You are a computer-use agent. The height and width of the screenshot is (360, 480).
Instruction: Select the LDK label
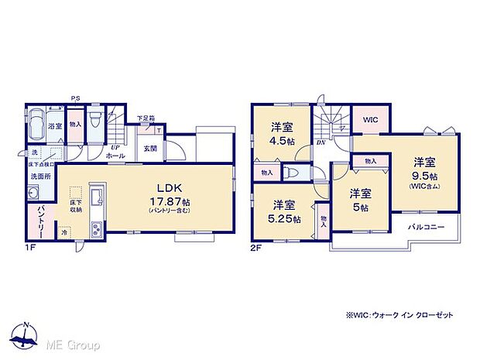[170, 189]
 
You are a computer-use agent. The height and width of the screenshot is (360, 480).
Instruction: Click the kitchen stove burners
[97, 228]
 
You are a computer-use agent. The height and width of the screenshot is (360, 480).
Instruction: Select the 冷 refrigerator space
[65, 231]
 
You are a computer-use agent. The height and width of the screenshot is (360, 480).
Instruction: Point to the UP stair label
[115, 147]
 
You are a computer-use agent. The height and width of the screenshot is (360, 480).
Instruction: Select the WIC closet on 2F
[369, 121]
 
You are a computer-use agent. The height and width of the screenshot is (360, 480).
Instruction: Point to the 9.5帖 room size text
[423, 175]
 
